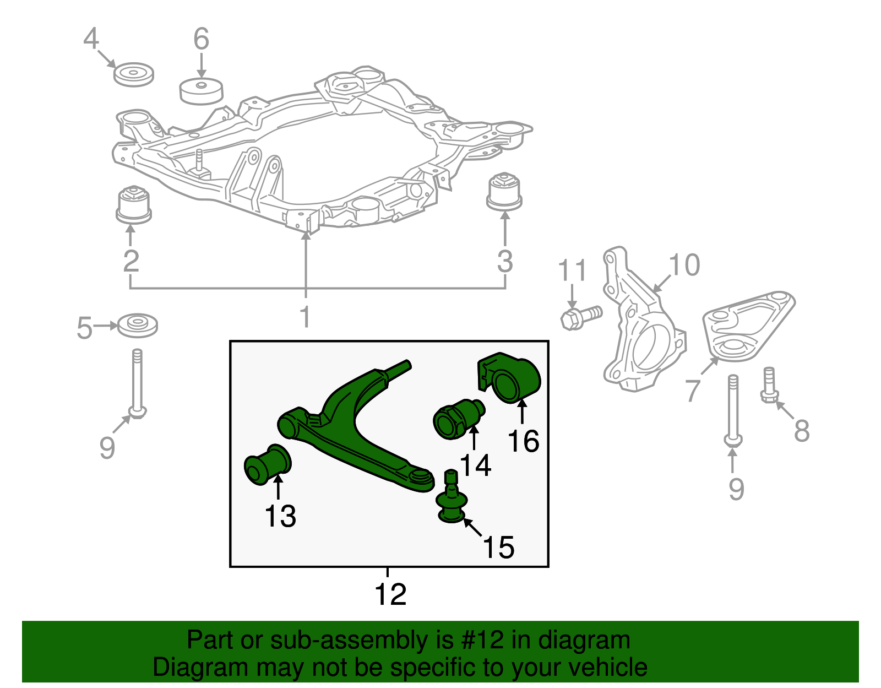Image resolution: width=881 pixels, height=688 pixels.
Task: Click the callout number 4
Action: [91, 39]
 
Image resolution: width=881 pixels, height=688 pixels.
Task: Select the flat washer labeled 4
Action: [133, 74]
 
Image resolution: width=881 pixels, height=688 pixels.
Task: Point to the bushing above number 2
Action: [134, 204]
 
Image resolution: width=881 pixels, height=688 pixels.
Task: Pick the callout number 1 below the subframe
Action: [305, 317]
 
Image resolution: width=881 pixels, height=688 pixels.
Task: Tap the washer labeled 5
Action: [138, 325]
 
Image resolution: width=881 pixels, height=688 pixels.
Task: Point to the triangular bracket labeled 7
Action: [749, 325]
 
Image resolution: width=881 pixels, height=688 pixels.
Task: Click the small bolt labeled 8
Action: [769, 386]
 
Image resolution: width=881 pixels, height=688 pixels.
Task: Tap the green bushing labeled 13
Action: [268, 464]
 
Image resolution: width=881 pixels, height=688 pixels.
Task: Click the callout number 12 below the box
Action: [390, 594]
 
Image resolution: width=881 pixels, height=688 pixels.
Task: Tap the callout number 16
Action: [523, 441]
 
